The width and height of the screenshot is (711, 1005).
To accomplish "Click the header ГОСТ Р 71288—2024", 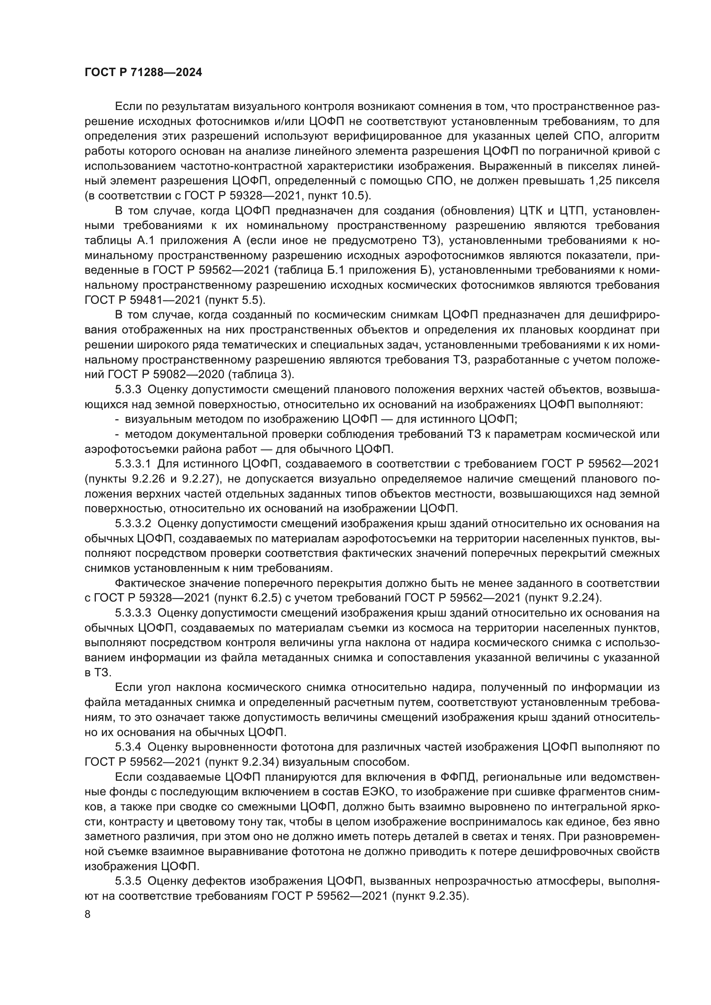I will tap(143, 73).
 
